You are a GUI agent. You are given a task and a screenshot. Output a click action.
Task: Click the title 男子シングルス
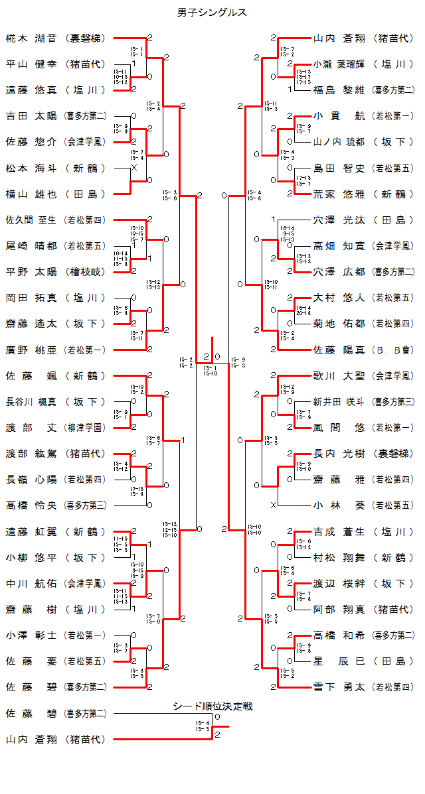point(212,13)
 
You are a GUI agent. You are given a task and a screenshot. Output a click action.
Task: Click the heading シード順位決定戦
point(212,706)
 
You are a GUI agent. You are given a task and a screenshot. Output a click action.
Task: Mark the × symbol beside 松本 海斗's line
point(135,168)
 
